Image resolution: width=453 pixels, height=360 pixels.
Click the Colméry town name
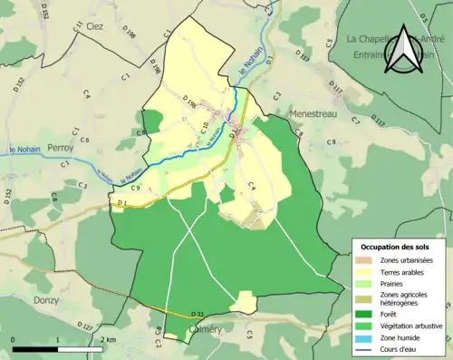205,331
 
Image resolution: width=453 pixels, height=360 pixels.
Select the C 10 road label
206,126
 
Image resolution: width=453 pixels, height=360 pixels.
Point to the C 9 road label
135,188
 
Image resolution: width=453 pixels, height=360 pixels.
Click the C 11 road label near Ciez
78,26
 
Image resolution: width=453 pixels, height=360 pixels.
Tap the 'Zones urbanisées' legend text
409,261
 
